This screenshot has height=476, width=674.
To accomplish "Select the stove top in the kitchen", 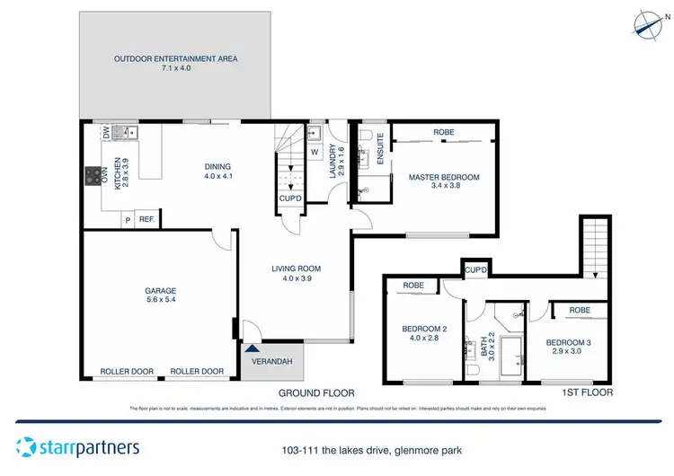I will [92, 175].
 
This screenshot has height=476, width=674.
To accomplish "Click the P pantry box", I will [128, 218].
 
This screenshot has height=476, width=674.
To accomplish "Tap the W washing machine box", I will [315, 151].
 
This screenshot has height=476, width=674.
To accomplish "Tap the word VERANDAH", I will [273, 360].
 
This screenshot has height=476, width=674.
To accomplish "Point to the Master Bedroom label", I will [444, 178].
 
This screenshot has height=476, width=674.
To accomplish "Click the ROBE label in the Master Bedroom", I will [444, 132].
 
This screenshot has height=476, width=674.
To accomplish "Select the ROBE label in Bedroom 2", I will [413, 286].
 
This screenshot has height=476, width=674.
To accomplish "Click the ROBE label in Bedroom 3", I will [580, 310].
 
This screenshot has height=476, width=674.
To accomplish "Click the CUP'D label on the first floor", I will [475, 269].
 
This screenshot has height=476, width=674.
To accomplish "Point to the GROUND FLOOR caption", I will [316, 393].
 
